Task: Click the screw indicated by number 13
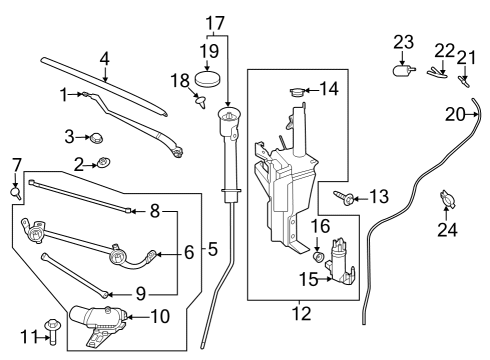(347, 199)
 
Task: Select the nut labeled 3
(98, 136)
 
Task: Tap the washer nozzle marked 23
(404, 69)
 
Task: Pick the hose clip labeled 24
(446, 202)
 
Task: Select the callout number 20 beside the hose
(455, 115)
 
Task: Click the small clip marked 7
(17, 187)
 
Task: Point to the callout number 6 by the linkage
(189, 254)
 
